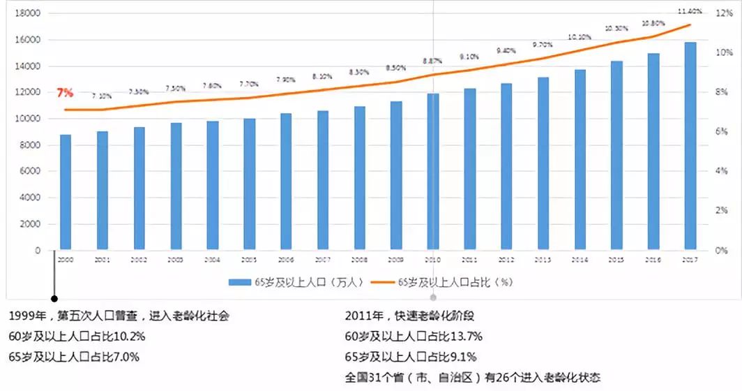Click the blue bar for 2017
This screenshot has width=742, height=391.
pos(690,145)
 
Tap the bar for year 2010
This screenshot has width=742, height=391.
pos(433,172)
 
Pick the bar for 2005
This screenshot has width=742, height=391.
pos(249,184)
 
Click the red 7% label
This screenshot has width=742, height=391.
pos(65,92)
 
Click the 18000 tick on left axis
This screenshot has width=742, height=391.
pos(27,14)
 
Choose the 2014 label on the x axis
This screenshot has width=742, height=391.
pos(580,260)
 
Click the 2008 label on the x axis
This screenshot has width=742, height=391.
pos(358,260)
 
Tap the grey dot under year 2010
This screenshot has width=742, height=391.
pos(433,297)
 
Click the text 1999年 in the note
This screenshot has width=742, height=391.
pos(25,316)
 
